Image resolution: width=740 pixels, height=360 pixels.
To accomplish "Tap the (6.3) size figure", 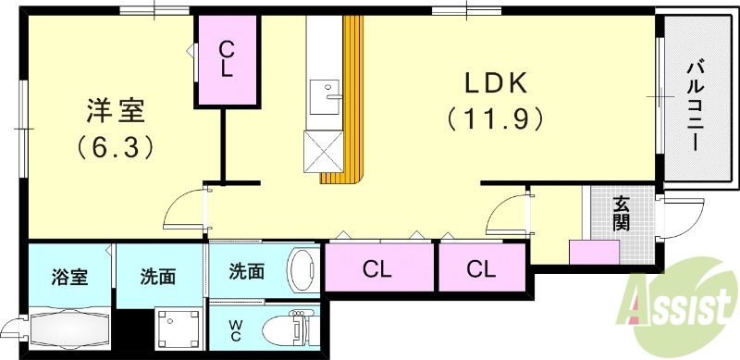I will tap(116, 145).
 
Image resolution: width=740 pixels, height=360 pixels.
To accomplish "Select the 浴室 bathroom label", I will tap(69, 276).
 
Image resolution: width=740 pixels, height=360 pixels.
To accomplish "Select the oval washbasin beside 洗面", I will tap(302, 271).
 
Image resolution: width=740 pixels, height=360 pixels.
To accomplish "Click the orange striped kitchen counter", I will tap(352, 102).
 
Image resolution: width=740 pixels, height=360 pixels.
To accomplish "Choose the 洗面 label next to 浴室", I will tap(159, 276).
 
